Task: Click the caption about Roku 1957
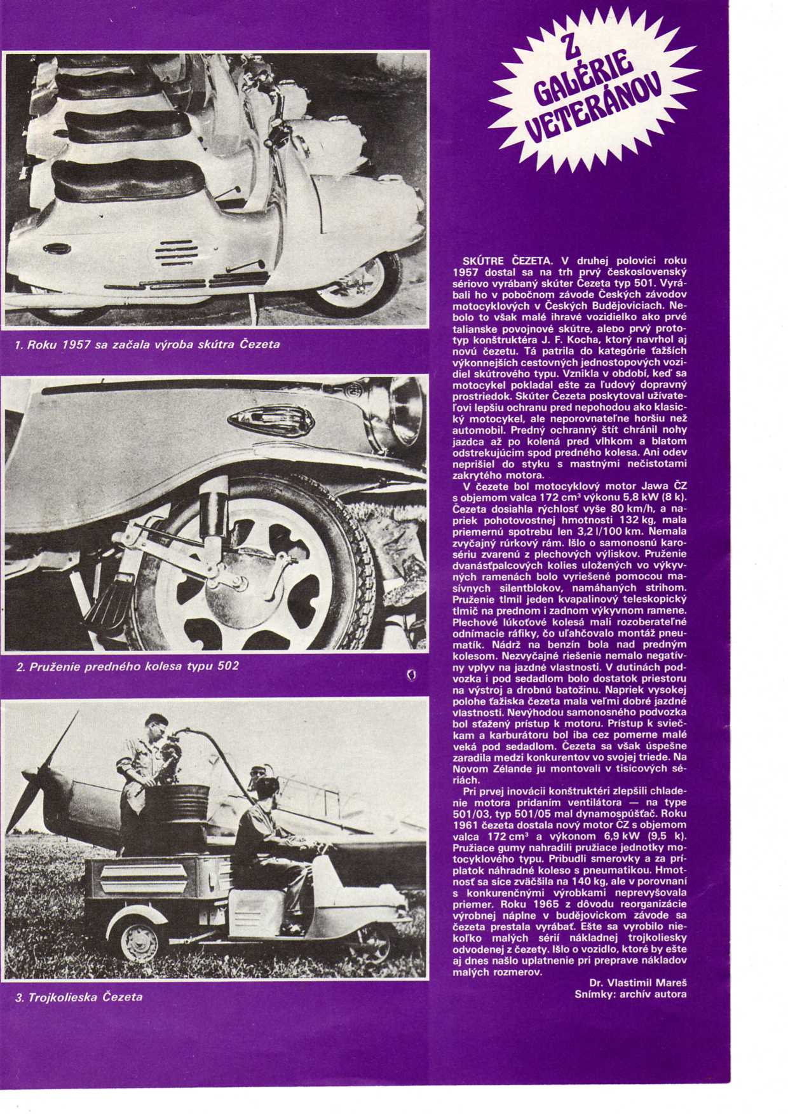click(147, 345)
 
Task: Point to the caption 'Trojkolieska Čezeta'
click(79, 996)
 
